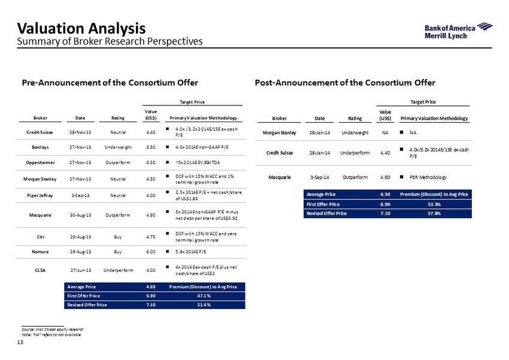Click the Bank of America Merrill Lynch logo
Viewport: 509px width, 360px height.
click(458, 31)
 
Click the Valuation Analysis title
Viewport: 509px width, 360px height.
click(81, 28)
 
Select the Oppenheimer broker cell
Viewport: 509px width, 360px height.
click(40, 163)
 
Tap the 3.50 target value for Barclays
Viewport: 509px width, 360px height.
click(151, 147)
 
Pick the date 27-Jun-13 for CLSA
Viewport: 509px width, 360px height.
click(81, 270)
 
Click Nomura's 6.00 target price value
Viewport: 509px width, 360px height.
click(151, 252)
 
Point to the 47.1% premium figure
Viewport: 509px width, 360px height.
click(204, 296)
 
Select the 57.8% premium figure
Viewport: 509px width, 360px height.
click(434, 213)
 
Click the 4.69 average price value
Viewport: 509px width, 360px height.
click(151, 287)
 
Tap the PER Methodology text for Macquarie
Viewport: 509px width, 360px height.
click(428, 177)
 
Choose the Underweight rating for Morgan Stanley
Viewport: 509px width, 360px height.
click(355, 132)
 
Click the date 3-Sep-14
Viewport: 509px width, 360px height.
click(319, 177)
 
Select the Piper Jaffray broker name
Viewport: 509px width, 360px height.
click(40, 195)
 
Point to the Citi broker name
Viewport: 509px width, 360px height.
click(41, 237)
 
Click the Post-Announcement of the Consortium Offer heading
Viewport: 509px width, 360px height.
click(345, 83)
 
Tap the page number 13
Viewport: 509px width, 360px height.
click(20, 342)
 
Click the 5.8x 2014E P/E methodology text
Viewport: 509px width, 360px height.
click(191, 252)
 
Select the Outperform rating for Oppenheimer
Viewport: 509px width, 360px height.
click(118, 163)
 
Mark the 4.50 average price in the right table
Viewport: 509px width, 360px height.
click(385, 194)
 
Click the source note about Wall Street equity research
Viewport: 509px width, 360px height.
click(53, 329)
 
